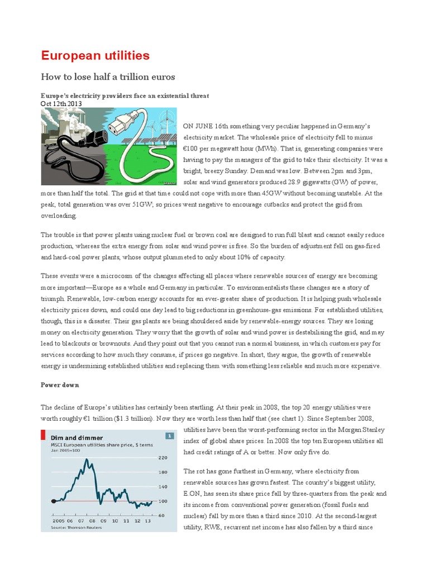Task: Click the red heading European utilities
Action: (95, 55)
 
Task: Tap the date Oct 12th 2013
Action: (61, 104)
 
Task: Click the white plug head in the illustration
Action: (128, 121)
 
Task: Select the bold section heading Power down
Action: (60, 385)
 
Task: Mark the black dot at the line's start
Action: (54, 501)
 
